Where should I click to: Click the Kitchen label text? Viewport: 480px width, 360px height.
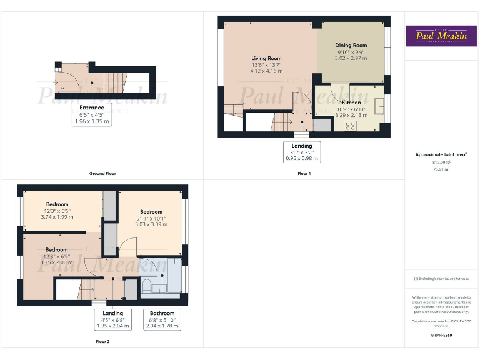coord(351,102)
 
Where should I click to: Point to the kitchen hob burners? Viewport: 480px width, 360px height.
coord(350,124)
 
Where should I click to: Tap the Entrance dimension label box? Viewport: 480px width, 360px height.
coord(92,114)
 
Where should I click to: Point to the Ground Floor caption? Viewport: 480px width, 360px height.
coord(102,173)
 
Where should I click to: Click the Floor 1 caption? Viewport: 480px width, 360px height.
coord(304,173)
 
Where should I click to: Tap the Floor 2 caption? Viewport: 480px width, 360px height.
coord(102,342)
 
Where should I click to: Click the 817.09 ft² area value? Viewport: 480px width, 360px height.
coord(441,162)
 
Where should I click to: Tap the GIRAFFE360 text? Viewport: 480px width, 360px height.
coord(441,336)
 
